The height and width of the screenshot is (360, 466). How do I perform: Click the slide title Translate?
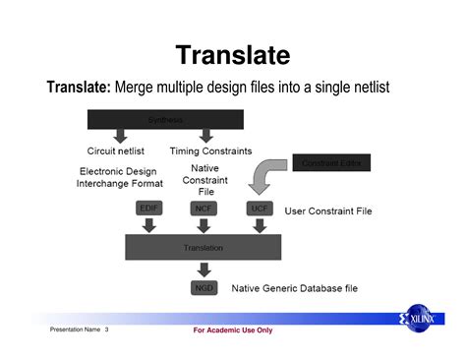point(233,54)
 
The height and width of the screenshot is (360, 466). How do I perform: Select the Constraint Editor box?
point(332,163)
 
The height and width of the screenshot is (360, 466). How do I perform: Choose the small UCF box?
point(259,209)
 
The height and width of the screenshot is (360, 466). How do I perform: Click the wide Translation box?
point(204,248)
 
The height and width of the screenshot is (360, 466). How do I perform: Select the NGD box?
point(204,288)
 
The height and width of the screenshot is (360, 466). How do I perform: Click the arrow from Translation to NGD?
point(204,269)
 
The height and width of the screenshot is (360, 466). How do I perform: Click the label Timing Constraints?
point(210,151)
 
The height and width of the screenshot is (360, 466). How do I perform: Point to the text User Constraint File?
point(329,210)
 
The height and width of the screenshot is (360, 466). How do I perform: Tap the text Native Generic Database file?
point(295,289)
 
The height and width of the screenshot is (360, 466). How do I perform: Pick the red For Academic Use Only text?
point(233,330)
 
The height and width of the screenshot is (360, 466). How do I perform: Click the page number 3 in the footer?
point(106,330)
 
